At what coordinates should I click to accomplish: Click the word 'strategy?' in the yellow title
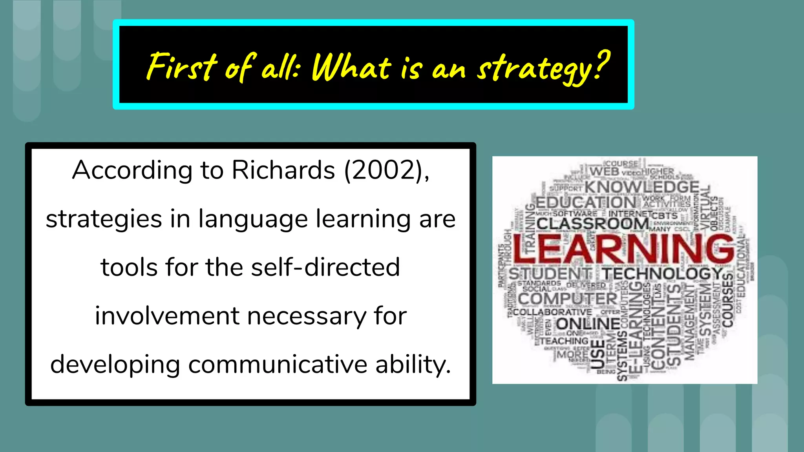[x=543, y=67]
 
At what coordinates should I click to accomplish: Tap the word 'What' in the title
[x=352, y=67]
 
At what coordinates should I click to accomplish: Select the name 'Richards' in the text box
[x=283, y=170]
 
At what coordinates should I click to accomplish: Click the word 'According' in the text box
[x=132, y=170]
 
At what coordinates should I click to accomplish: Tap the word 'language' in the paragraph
[x=253, y=219]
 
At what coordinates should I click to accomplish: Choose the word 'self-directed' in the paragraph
[x=325, y=267]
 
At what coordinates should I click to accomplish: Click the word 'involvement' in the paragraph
[x=167, y=316]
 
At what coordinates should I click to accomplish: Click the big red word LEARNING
[x=623, y=249]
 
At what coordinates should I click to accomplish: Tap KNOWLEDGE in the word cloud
[x=642, y=187]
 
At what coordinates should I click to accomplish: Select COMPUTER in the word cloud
[x=568, y=299]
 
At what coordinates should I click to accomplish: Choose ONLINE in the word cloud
[x=588, y=324]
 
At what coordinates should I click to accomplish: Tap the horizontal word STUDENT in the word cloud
[x=550, y=273]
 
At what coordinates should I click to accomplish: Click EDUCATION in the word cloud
[x=585, y=203]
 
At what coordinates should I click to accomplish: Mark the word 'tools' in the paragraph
[x=129, y=267]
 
